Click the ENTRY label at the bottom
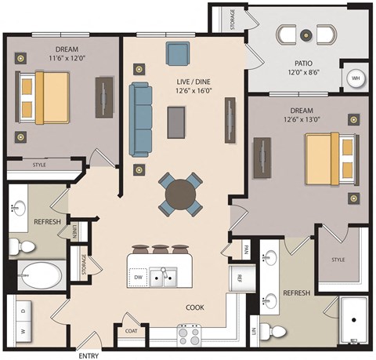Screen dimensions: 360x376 89,355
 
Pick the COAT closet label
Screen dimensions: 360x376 130,329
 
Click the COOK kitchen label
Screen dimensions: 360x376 194,307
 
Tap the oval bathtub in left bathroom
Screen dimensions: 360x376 41,275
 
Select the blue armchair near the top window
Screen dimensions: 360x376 178,54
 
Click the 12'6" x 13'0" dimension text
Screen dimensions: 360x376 306,120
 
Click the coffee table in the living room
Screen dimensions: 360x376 178,122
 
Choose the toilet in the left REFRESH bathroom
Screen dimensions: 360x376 23,247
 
